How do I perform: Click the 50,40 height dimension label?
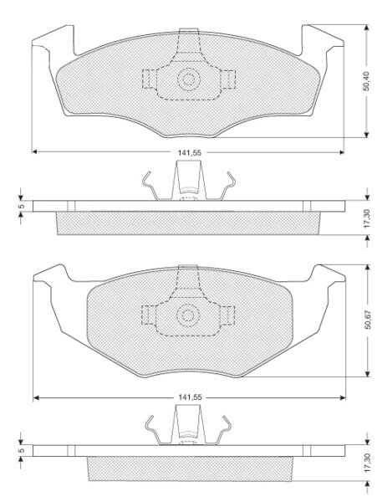coord(366,81)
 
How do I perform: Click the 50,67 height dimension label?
coord(368,320)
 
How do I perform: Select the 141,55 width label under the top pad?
coord(190,153)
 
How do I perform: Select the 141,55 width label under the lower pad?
coord(190,397)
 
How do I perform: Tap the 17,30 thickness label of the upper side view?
coord(367,218)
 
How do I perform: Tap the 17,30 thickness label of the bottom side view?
coord(367,463)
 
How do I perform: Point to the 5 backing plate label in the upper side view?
coord(22,206)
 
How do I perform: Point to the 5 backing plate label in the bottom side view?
coord(22,450)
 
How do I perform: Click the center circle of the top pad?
coord(189,79)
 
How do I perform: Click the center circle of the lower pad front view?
coord(188,315)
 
